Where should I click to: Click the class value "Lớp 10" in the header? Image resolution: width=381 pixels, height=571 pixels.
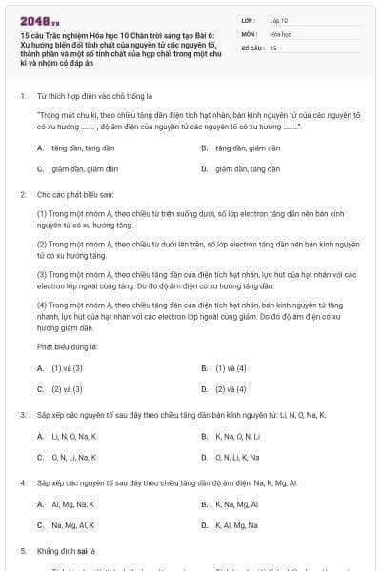pos(279,19)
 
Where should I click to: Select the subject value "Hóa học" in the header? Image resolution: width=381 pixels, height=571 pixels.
pos(280,33)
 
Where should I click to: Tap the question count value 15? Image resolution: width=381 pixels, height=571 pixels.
pos(273,47)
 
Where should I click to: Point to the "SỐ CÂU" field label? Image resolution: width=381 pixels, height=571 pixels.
pos(251,47)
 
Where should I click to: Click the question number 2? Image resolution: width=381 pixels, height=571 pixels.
pos(22,194)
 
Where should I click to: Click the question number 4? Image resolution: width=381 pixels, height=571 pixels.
pos(22,483)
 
